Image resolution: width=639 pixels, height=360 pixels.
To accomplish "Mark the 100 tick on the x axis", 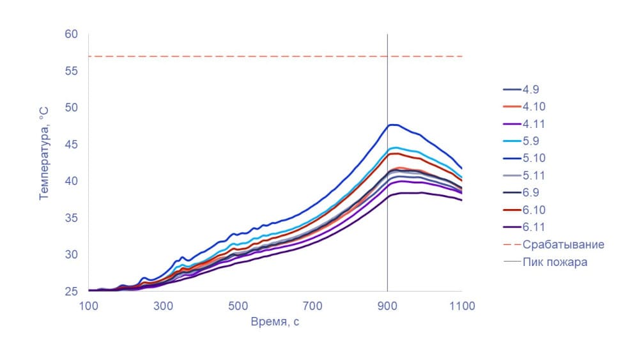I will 88,306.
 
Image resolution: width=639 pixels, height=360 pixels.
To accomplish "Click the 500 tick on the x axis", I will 238,306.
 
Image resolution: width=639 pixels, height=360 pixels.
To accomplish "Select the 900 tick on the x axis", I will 387,306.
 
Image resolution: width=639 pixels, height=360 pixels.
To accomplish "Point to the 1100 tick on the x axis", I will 461,306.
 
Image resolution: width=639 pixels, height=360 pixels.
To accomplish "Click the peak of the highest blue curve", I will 392,125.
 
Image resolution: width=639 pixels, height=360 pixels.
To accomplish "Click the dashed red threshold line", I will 256,56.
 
